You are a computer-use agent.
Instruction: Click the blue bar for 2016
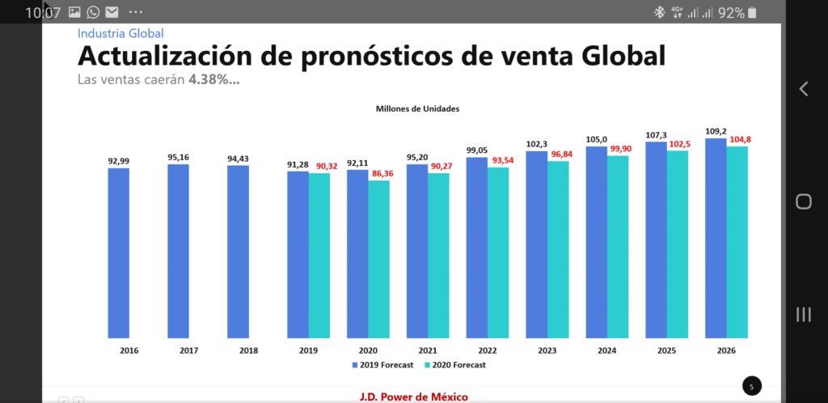pos(118,252)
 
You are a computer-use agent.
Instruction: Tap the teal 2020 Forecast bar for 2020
pos(379,259)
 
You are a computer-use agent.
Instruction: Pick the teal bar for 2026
pos(737,242)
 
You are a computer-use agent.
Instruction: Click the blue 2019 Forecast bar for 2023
pos(536,244)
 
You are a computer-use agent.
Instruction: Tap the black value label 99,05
pos(477,151)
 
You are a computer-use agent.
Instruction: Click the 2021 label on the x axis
pos(428,350)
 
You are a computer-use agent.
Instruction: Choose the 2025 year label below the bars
pos(666,350)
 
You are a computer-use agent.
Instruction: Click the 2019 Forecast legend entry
pos(382,365)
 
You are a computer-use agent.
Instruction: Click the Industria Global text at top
pos(120,33)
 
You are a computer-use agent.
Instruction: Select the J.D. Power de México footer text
pos(413,397)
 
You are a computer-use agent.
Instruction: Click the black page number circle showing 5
pos(751,387)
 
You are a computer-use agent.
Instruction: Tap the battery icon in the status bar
pos(752,12)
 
